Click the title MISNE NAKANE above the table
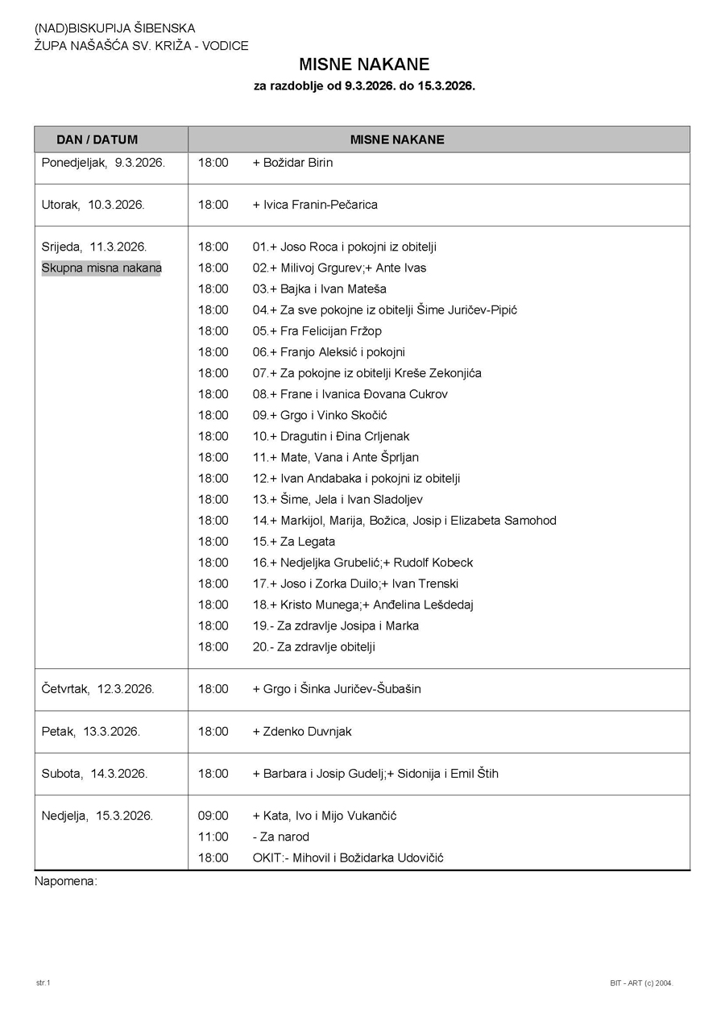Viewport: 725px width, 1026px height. pyautogui.click(x=364, y=64)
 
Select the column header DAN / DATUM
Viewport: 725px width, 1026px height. pyautogui.click(x=97, y=139)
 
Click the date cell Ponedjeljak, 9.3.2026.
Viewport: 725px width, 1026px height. pyautogui.click(x=103, y=163)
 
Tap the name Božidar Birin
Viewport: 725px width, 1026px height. pyautogui.click(x=292, y=163)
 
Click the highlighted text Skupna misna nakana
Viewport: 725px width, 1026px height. pyautogui.click(x=101, y=268)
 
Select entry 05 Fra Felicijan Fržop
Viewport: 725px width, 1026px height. pyautogui.click(x=317, y=331)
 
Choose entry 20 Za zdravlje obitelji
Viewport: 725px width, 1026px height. pyautogui.click(x=314, y=646)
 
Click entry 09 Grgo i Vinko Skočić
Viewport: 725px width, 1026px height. pyautogui.click(x=320, y=415)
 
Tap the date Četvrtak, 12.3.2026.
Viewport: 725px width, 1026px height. pyautogui.click(x=97, y=689)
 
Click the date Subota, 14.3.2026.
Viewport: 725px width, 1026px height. pyautogui.click(x=94, y=774)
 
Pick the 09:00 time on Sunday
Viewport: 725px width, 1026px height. pyautogui.click(x=213, y=816)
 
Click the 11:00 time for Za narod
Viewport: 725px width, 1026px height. pyautogui.click(x=213, y=837)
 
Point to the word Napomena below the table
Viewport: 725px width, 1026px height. pyautogui.click(x=65, y=881)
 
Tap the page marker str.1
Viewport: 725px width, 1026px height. pyautogui.click(x=43, y=982)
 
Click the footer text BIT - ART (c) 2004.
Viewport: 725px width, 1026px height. pyautogui.click(x=641, y=983)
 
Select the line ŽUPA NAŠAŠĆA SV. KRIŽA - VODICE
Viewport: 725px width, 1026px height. pyautogui.click(x=142, y=46)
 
